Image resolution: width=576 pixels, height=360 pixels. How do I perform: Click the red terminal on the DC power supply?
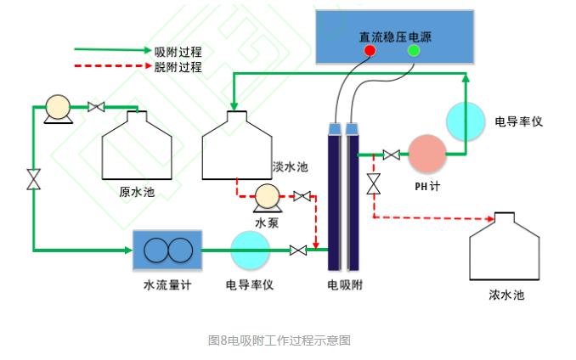coord(370,51)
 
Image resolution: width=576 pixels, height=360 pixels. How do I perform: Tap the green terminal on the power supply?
coord(414,51)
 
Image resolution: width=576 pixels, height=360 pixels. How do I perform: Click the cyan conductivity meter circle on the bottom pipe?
coord(250,250)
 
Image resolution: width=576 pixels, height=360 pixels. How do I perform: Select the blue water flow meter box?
coord(167,250)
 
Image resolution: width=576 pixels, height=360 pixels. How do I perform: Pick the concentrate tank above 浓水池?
coord(504,250)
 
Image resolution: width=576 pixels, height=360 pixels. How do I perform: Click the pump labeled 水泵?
coord(266,197)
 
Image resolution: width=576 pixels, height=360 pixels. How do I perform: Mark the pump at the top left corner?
coord(59,108)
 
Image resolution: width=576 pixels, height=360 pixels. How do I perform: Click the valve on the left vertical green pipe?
coord(34,179)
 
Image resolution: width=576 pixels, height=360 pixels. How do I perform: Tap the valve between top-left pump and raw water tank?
coord(96,107)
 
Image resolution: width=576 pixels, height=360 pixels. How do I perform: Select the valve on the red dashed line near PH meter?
coord(373,183)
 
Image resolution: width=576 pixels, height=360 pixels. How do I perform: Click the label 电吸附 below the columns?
coord(345,284)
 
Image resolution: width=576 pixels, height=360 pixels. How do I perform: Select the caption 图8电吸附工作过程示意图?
coord(280,341)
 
